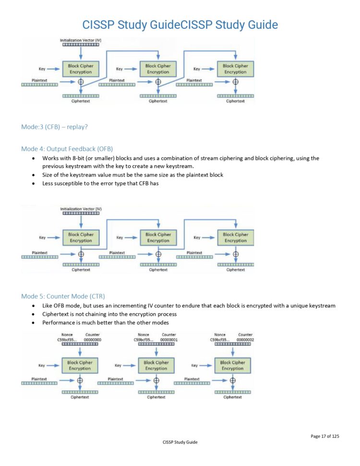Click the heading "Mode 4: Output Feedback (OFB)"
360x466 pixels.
coord(67,149)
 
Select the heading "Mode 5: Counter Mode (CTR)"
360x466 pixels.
coord(63,296)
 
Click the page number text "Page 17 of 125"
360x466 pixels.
coord(324,436)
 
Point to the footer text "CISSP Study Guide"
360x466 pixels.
coord(180,442)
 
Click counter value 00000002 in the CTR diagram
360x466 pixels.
coord(246,340)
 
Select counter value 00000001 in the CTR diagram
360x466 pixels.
coord(169,340)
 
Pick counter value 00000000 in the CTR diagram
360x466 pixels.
coord(93,340)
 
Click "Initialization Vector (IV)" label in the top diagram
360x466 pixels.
coord(81,39)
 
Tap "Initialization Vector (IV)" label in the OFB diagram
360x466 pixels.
coord(81,209)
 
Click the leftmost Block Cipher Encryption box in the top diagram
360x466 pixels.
coord(81,69)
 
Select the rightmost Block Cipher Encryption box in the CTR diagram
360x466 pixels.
coord(232,366)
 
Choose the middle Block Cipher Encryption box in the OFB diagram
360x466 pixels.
coord(158,238)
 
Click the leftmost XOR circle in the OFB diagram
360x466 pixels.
coord(81,254)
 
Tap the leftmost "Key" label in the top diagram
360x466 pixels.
coord(42,69)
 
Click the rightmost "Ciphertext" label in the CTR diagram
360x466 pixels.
coord(232,397)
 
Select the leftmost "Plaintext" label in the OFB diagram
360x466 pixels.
coord(39,252)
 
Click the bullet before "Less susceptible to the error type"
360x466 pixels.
coord(33,184)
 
